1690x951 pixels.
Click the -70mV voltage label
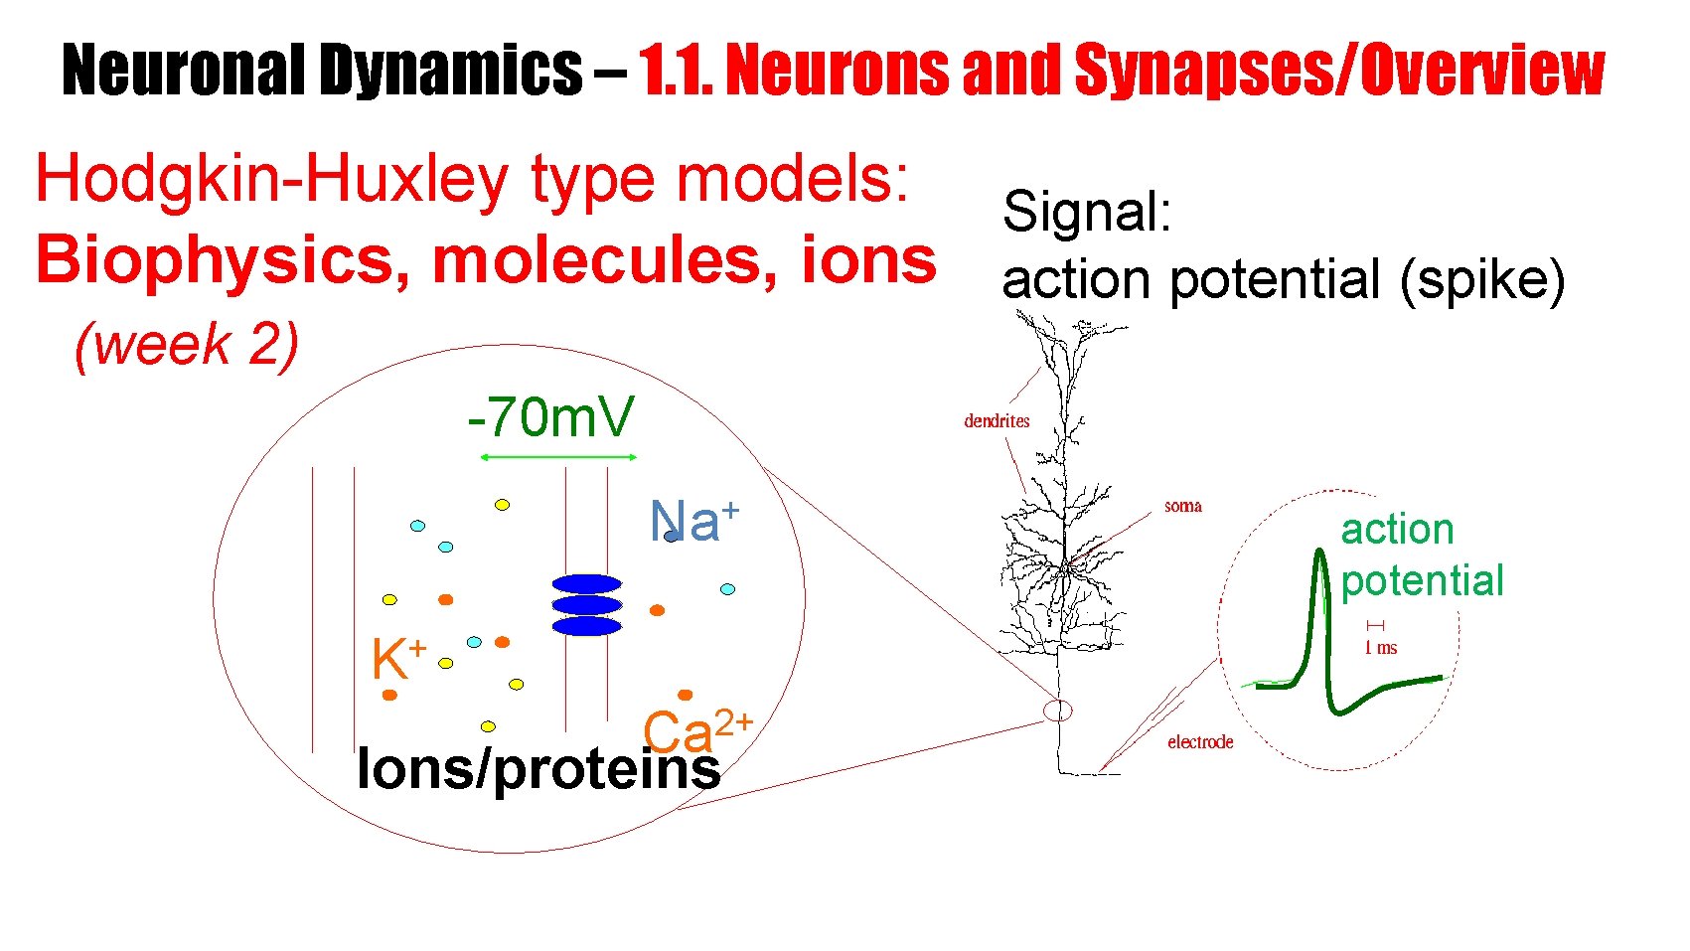pos(549,417)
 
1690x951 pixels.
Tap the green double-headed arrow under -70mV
pos(558,457)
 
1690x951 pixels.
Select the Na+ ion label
pos(694,521)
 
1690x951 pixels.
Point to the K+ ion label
pos(397,658)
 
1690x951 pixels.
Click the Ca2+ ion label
pos(696,732)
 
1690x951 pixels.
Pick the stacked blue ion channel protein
pos(586,604)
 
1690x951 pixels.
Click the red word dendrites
pos(997,420)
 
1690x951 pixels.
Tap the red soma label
pos(1182,506)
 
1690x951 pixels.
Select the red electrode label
pos(1199,742)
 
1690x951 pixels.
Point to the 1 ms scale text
pos(1380,648)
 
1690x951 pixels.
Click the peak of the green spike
pos(1319,555)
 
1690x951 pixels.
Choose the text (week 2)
pos(187,345)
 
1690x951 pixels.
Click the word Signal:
pos(1087,212)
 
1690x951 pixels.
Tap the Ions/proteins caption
pos(538,769)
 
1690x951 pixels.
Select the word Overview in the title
pos(1481,70)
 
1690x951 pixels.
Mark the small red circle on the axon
pos(1058,710)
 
